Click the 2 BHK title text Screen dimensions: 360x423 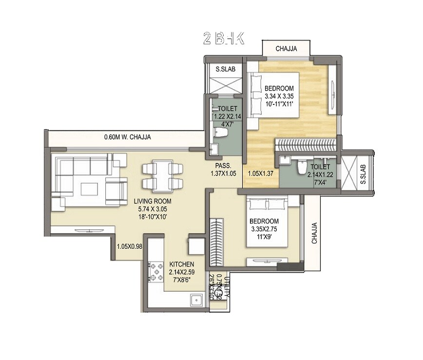tap(223, 39)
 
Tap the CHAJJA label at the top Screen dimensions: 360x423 tap(287, 49)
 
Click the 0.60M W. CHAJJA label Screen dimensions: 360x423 tap(127, 138)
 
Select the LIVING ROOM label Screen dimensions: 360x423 tap(153, 201)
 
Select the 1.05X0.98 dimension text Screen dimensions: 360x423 tap(129, 247)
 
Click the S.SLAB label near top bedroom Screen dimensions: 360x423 tap(226, 70)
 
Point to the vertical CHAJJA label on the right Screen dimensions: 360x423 tap(314, 233)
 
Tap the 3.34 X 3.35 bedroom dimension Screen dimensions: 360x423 tap(280, 96)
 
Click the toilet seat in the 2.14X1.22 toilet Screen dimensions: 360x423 tap(301, 165)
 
